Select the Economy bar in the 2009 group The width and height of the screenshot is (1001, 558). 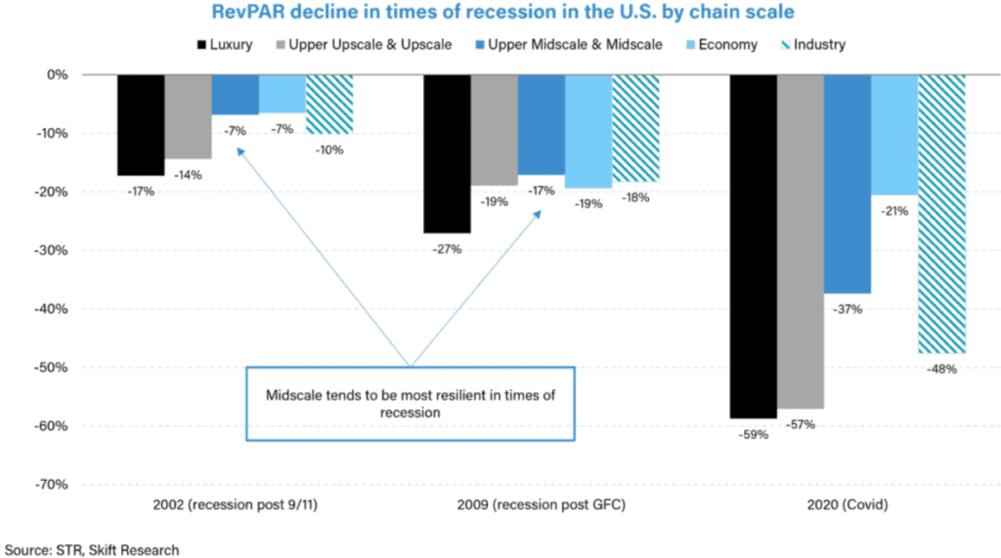pyautogui.click(x=588, y=131)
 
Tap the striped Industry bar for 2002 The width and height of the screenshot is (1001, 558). pyautogui.click(x=329, y=104)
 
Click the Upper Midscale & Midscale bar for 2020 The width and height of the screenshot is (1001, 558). pyautogui.click(x=847, y=184)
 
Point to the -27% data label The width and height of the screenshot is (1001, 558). pyautogui.click(x=448, y=249)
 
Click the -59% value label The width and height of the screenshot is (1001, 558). pyautogui.click(x=754, y=435)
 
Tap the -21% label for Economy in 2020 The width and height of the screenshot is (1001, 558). pyautogui.click(x=894, y=211)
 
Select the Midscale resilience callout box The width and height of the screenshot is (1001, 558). pyautogui.click(x=410, y=404)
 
